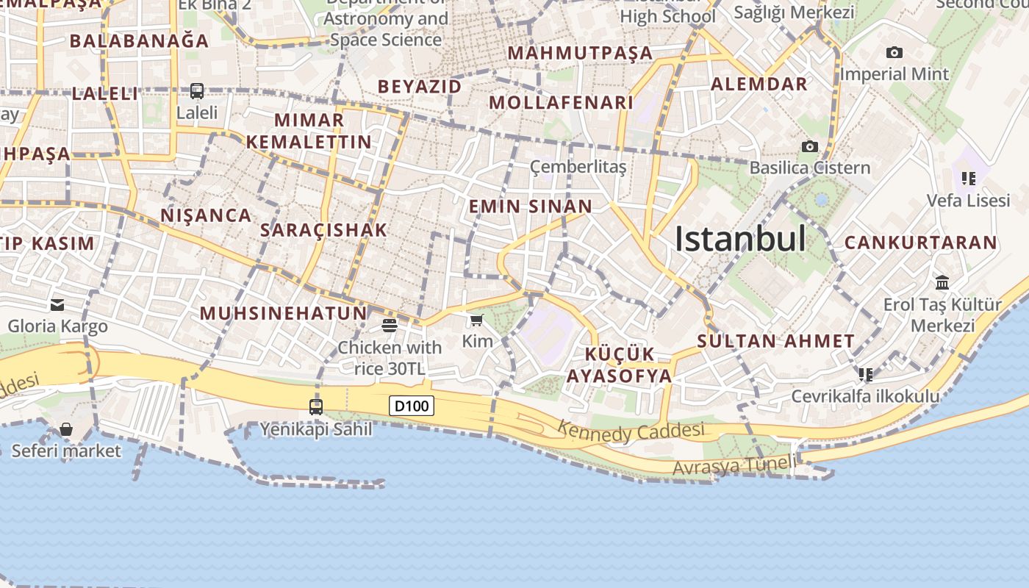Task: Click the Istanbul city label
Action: [x=740, y=239]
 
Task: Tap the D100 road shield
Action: [x=412, y=406]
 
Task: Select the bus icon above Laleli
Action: [x=197, y=91]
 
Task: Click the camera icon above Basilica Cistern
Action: [x=810, y=146]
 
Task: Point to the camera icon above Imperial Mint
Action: [x=894, y=52]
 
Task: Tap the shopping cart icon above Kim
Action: [x=477, y=320]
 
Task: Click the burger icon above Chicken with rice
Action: [x=390, y=326]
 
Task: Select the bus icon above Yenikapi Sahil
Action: [x=316, y=406]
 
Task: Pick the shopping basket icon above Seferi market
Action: [x=66, y=429]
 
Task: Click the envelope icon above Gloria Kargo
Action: [x=57, y=305]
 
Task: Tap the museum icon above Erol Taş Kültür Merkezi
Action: [x=942, y=282]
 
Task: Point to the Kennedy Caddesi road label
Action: [x=631, y=431]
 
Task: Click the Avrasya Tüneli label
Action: [x=734, y=465]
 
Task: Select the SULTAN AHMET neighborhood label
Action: [x=775, y=341]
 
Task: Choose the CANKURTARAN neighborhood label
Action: [x=920, y=243]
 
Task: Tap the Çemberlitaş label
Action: [x=578, y=168]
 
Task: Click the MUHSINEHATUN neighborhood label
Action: [x=283, y=313]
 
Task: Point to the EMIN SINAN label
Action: [x=531, y=207]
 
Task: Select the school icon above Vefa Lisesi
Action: [x=969, y=178]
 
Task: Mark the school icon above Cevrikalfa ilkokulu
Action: [x=866, y=375]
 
